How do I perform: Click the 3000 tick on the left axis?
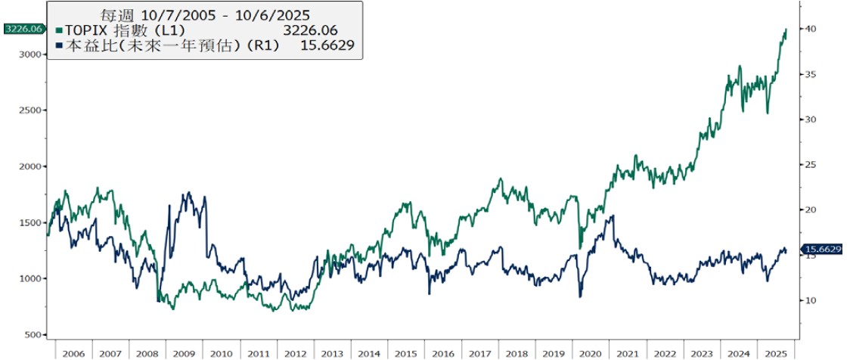(29, 54)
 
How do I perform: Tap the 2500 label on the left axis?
(29, 110)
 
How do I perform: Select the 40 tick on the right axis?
(810, 29)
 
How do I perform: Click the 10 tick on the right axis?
(810, 300)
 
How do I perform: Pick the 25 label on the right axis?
(810, 165)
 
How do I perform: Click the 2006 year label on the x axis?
(73, 353)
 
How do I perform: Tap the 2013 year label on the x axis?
(332, 353)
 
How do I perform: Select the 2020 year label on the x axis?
(591, 353)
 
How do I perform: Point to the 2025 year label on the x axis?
(776, 353)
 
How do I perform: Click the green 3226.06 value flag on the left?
(22, 29)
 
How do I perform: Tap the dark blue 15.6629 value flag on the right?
(823, 250)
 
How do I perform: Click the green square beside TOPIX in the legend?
(60, 30)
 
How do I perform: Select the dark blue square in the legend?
(60, 46)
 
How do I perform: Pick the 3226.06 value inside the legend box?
(309, 30)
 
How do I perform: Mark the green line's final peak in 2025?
(786, 29)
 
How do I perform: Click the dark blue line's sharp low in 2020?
(581, 296)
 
